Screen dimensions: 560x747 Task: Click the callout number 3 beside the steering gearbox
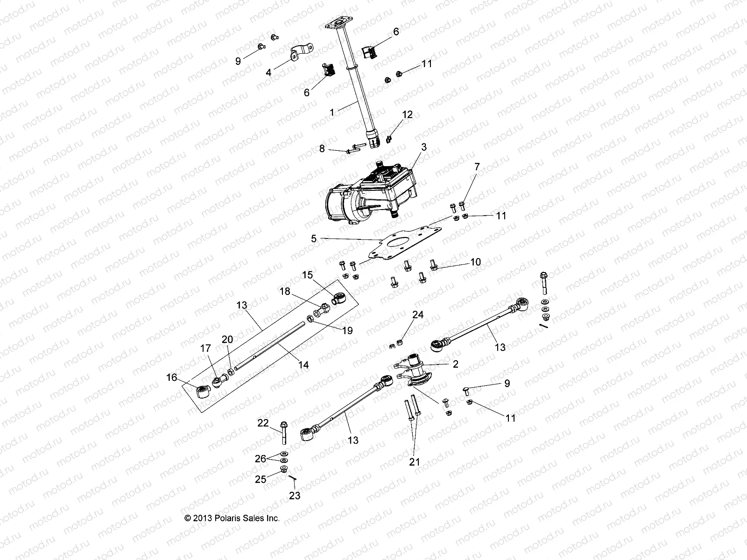pyautogui.click(x=423, y=147)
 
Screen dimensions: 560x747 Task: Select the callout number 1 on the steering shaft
pyautogui.click(x=332, y=112)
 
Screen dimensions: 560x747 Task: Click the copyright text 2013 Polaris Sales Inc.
pyautogui.click(x=233, y=518)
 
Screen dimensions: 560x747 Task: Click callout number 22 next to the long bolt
pyautogui.click(x=263, y=423)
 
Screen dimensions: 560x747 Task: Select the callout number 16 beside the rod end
pyautogui.click(x=172, y=377)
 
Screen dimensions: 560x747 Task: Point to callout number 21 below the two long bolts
pyautogui.click(x=415, y=462)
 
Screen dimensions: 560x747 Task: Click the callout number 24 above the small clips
pyautogui.click(x=417, y=315)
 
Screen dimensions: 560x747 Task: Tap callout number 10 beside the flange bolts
pyautogui.click(x=475, y=262)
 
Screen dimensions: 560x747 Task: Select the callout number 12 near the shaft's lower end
pyautogui.click(x=408, y=115)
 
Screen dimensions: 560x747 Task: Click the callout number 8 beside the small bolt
pyautogui.click(x=322, y=148)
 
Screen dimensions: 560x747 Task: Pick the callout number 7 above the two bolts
pyautogui.click(x=477, y=167)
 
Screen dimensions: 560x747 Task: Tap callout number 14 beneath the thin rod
pyautogui.click(x=303, y=364)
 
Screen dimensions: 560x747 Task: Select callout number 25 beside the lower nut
pyautogui.click(x=261, y=479)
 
